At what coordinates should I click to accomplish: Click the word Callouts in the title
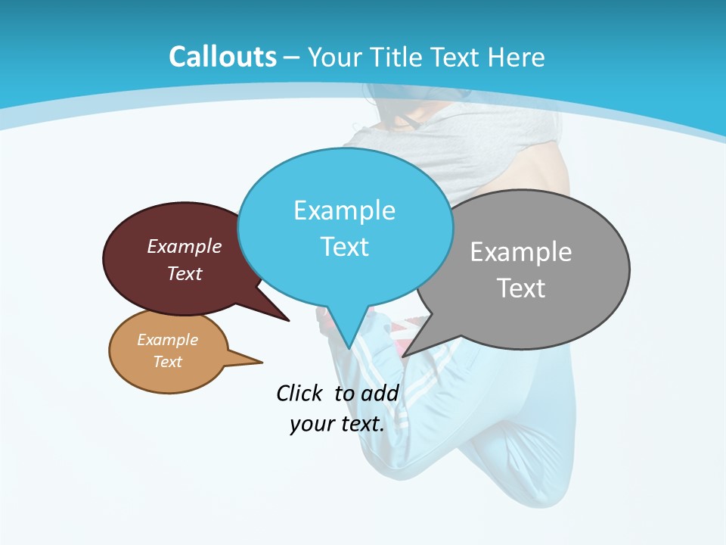point(222,57)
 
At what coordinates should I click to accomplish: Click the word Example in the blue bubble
point(344,210)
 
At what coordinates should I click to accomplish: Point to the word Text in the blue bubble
point(344,247)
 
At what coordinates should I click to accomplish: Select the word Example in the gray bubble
point(520,252)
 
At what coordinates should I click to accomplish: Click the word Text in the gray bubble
point(520,288)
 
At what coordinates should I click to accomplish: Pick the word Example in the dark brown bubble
point(185,246)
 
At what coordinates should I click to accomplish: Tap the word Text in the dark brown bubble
point(185,273)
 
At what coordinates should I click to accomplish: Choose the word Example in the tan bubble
point(167,340)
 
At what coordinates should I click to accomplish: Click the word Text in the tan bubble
point(167,362)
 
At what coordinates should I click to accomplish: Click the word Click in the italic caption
point(300,393)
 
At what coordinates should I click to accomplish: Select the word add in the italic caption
point(379,393)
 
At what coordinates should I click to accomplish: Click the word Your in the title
point(335,57)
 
